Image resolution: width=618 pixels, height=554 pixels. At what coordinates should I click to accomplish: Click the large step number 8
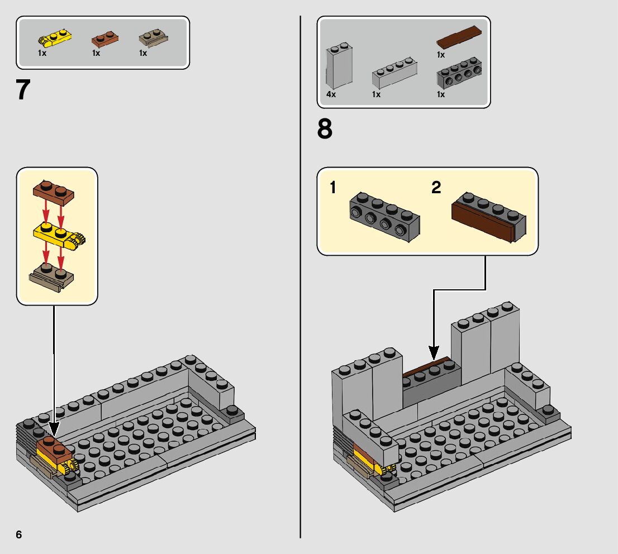click(325, 130)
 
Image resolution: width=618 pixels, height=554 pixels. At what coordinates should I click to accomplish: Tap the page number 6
click(19, 534)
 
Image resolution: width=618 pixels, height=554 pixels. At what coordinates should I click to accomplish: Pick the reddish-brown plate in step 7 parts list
click(104, 39)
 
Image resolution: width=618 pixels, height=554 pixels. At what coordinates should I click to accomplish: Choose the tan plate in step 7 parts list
click(153, 39)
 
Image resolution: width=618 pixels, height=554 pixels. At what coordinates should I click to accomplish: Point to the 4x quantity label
click(331, 94)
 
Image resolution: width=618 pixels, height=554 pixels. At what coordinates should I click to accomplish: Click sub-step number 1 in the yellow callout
click(333, 188)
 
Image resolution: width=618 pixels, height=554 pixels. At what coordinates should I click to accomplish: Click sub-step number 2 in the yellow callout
click(436, 188)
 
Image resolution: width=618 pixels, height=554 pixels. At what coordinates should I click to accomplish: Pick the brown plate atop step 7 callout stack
click(54, 192)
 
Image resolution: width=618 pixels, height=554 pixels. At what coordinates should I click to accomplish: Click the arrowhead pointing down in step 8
click(434, 353)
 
